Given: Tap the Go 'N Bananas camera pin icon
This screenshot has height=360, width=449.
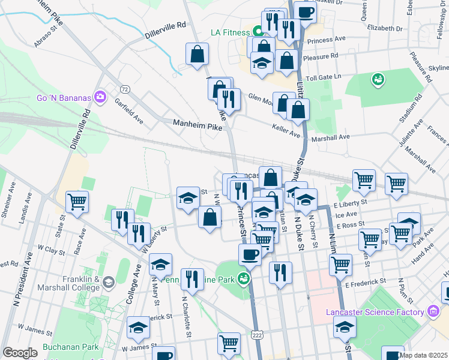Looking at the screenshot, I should (x=100, y=96).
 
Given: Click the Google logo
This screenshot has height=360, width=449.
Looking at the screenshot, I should (x=20, y=353).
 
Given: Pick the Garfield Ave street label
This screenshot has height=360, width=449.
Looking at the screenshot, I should (x=129, y=110).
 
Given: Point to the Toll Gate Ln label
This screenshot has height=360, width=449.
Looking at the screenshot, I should (x=323, y=77).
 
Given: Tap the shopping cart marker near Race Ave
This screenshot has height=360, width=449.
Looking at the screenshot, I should (x=77, y=202).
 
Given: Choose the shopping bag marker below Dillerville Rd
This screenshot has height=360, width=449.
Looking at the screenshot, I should (x=197, y=55).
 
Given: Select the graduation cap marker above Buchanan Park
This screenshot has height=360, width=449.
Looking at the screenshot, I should (x=138, y=328).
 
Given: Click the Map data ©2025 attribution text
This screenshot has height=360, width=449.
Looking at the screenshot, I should (x=423, y=355).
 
